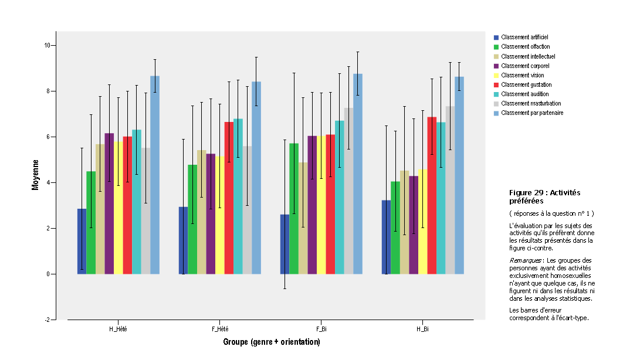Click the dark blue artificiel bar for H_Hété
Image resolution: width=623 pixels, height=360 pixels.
click(x=82, y=241)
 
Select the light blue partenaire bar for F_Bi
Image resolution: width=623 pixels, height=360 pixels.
click(x=357, y=174)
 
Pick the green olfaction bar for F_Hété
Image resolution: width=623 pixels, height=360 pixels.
click(x=192, y=219)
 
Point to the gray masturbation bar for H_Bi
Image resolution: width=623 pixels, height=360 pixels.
click(x=450, y=190)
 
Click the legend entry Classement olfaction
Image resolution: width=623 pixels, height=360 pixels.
click(x=525, y=46)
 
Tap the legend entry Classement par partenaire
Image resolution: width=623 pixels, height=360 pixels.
click(x=532, y=113)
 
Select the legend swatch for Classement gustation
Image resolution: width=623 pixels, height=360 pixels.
click(x=496, y=84)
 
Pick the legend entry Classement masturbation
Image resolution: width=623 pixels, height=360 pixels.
click(x=531, y=103)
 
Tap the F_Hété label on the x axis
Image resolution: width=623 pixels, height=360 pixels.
click(x=219, y=329)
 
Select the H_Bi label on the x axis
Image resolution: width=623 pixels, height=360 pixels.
click(x=422, y=329)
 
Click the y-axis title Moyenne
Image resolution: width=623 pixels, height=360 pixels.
click(x=36, y=175)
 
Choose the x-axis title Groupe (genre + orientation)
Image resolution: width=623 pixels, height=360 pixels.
click(x=271, y=342)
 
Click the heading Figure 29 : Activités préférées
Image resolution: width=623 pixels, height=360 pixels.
click(x=540, y=196)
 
